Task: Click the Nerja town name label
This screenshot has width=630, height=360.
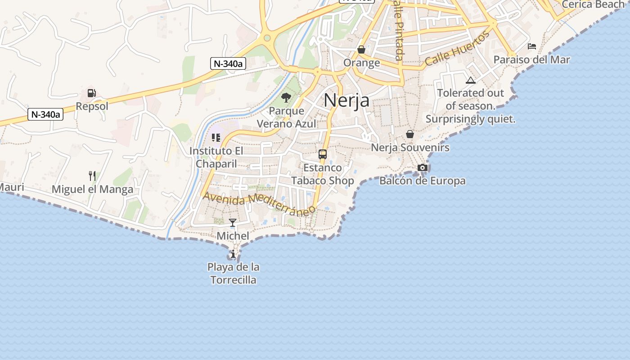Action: click(346, 100)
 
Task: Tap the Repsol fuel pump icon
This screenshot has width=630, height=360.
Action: click(92, 93)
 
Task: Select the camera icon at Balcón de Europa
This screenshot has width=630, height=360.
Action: click(422, 168)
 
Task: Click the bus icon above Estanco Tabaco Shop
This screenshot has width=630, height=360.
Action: click(322, 154)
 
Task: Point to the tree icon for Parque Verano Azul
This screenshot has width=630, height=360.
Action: click(286, 97)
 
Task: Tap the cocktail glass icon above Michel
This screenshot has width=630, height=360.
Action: click(233, 222)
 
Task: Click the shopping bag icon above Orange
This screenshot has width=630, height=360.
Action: click(361, 49)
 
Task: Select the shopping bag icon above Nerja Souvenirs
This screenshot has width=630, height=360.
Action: click(410, 134)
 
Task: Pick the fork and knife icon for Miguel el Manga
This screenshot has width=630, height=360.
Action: click(92, 175)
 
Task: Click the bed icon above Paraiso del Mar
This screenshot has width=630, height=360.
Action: click(531, 46)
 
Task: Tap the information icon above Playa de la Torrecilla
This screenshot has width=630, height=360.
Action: click(233, 254)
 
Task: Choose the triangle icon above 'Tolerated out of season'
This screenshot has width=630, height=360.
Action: click(471, 81)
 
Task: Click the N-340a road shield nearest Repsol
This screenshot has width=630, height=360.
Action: click(45, 114)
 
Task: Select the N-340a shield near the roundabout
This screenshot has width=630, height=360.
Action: click(228, 63)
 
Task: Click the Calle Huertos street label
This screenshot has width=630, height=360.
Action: click(457, 49)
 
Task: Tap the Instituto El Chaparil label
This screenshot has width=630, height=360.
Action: click(216, 157)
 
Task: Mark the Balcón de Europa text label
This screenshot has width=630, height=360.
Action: click(422, 181)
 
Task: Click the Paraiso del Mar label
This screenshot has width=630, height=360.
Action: click(531, 59)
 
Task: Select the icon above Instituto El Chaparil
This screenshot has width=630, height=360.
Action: click(216, 138)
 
